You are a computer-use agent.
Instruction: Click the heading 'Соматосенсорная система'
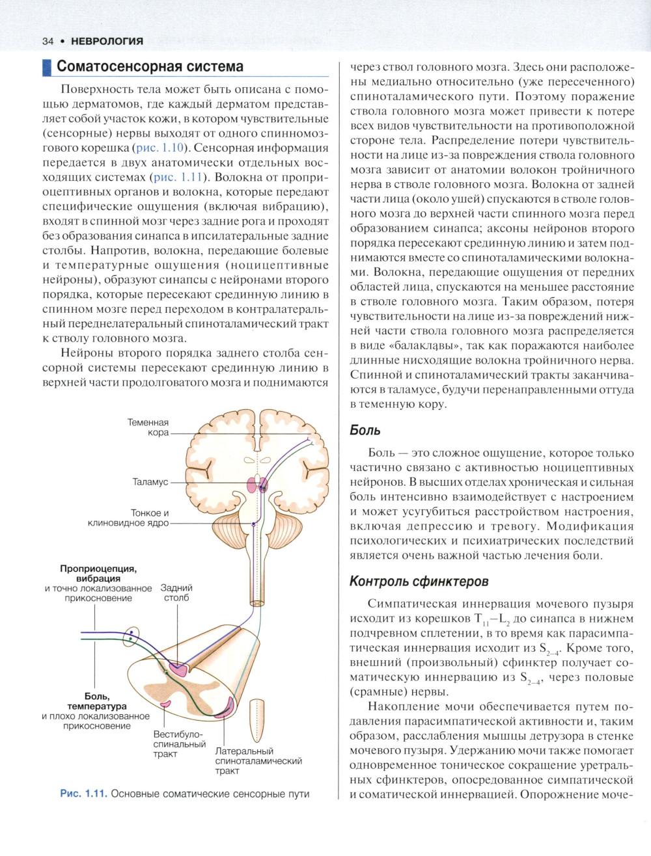coord(150,66)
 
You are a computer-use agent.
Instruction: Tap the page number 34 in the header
coord(47,41)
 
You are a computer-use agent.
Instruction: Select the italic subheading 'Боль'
coord(365,430)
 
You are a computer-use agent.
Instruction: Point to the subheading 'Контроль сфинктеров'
coord(419,580)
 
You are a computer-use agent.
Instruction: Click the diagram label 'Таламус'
coord(150,482)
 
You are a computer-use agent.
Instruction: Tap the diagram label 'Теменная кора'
coord(148,427)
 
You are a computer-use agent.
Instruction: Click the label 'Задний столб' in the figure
coord(176,593)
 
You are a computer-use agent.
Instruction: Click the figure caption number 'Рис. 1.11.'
coord(83,794)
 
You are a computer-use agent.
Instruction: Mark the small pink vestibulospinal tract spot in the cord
coord(166,704)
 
